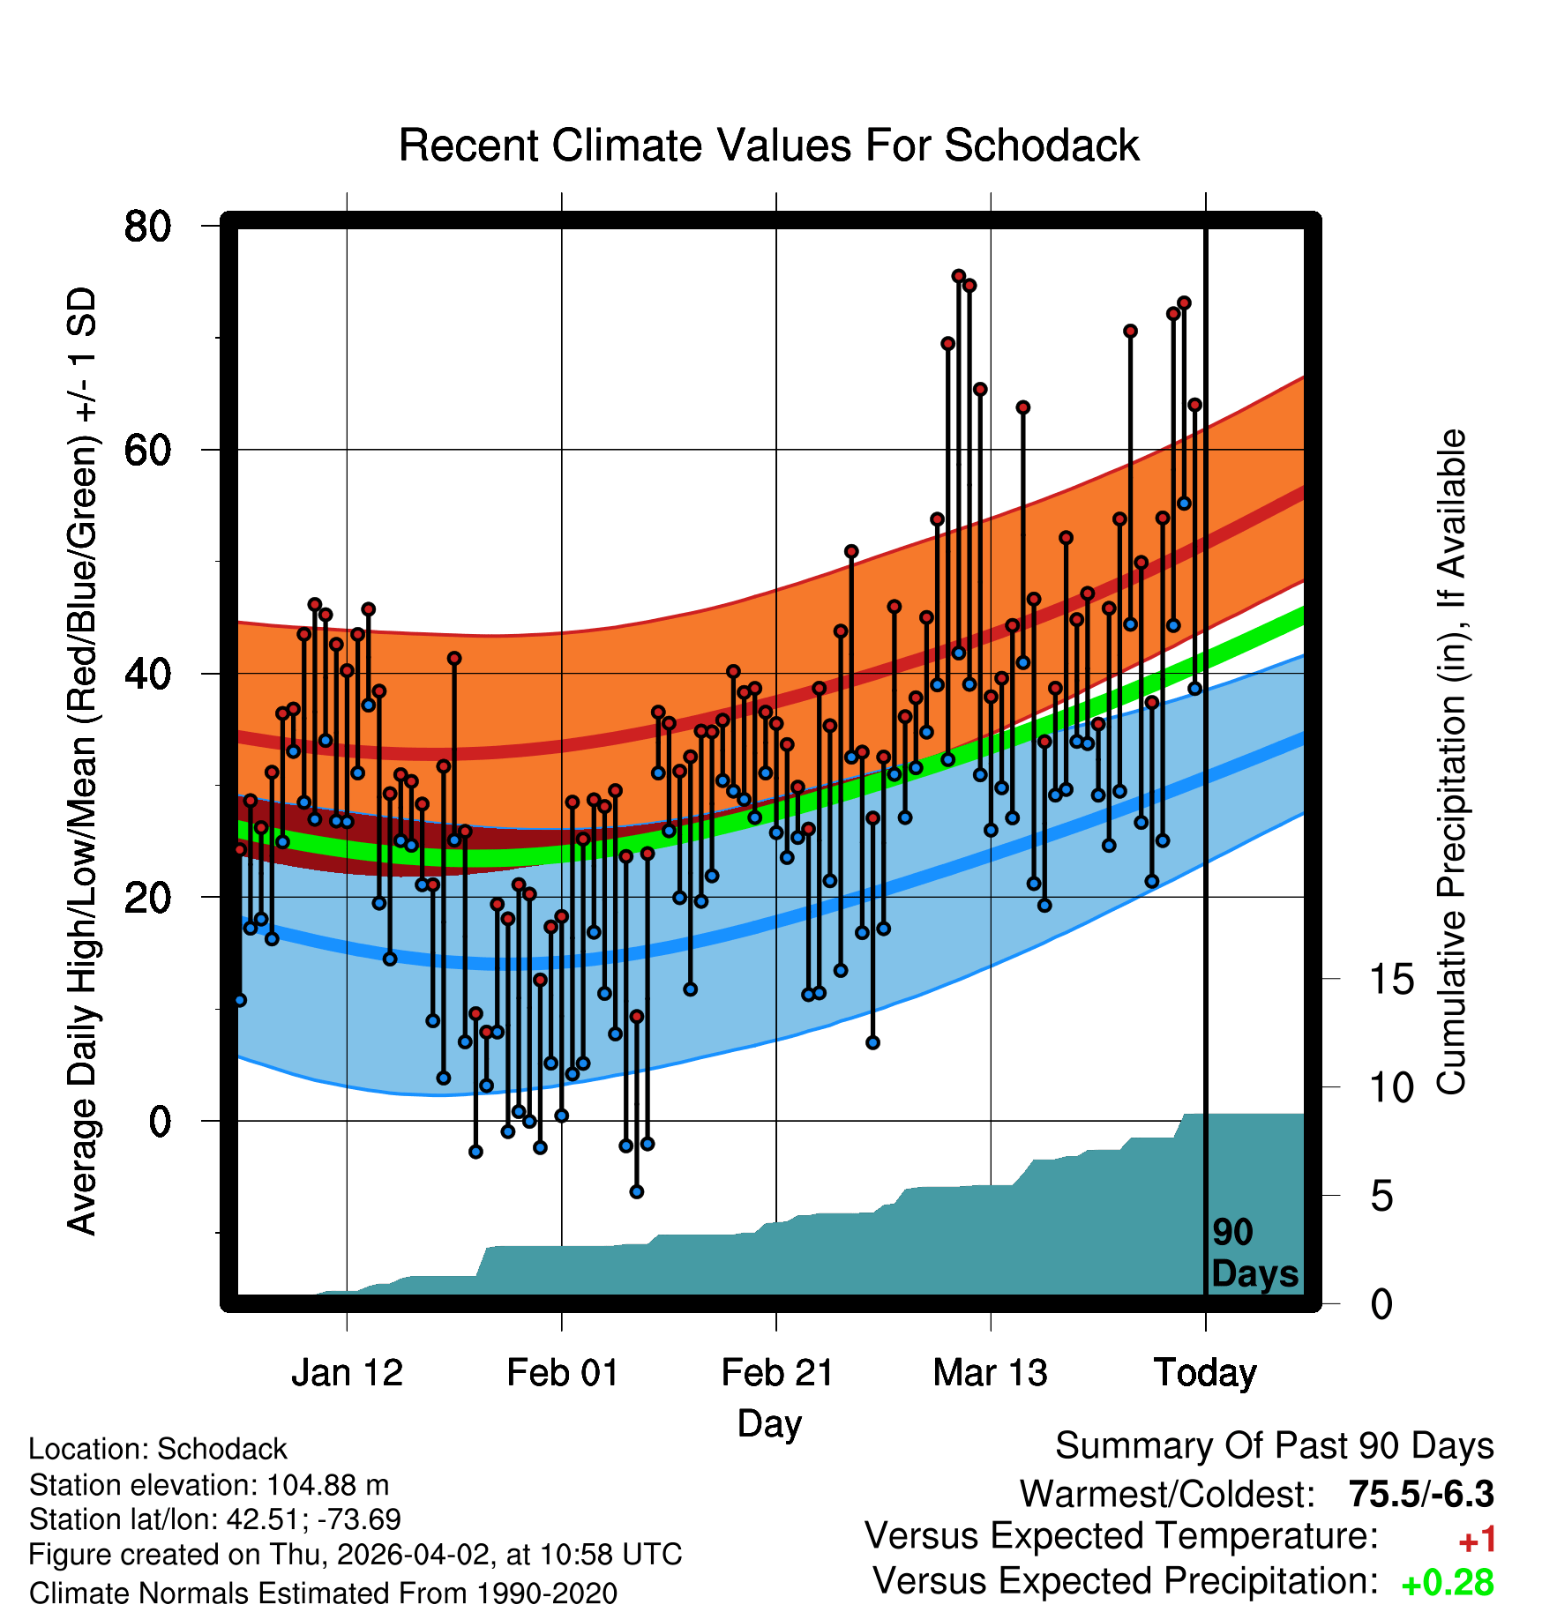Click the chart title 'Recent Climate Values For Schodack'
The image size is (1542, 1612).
(x=768, y=146)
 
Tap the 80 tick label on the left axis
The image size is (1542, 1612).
(x=147, y=227)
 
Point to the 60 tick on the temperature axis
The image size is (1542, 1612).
(x=147, y=451)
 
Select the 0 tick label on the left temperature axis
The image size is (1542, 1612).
(x=160, y=1122)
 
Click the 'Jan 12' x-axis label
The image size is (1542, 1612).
(x=347, y=1373)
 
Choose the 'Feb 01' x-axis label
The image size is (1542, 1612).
(x=562, y=1373)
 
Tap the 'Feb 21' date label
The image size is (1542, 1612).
(x=777, y=1373)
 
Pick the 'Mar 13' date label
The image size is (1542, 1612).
(x=991, y=1373)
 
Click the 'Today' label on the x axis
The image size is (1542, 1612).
(x=1205, y=1373)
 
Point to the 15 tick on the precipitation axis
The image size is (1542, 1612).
(x=1391, y=980)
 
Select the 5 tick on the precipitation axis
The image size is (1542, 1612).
(x=1381, y=1197)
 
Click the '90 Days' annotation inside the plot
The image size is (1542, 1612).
(x=1254, y=1254)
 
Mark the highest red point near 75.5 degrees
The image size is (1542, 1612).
(x=959, y=276)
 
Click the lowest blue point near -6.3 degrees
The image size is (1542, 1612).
(x=637, y=1192)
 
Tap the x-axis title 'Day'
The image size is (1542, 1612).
(x=769, y=1424)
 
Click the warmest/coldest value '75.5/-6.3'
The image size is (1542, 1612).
(x=1421, y=1494)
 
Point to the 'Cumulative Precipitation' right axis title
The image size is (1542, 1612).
(x=1451, y=762)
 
